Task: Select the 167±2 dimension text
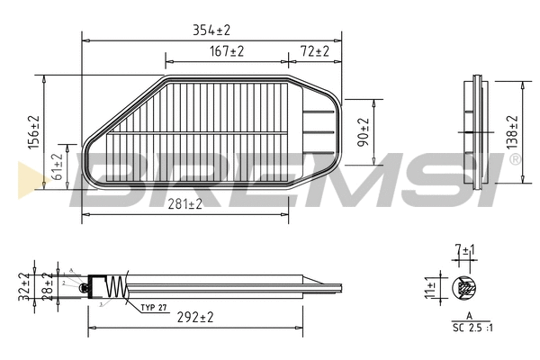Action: click(x=226, y=53)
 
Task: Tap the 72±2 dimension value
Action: click(x=314, y=53)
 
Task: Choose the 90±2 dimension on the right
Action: click(x=364, y=132)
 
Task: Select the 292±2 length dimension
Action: click(x=194, y=317)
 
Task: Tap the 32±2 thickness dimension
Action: click(x=23, y=287)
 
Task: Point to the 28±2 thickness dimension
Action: click(x=46, y=287)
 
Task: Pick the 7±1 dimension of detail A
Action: click(x=464, y=248)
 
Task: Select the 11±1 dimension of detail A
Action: click(x=431, y=288)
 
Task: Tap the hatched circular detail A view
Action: click(x=465, y=288)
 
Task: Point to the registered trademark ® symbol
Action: click(x=515, y=159)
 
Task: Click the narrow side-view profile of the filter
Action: click(x=478, y=133)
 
